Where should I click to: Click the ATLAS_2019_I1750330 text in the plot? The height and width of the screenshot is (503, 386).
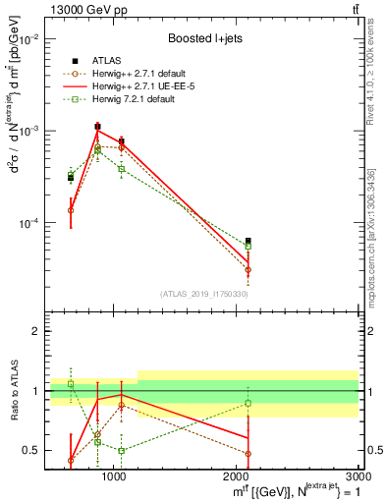204,294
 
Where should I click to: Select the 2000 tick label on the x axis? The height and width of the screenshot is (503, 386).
237,476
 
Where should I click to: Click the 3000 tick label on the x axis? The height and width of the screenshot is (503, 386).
357,476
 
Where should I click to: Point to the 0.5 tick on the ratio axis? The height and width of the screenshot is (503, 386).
36,450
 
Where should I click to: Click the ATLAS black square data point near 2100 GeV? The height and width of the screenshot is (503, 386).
248,241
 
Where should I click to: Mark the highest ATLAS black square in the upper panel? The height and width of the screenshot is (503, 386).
97,126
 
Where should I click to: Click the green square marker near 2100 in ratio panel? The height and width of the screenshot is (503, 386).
248,403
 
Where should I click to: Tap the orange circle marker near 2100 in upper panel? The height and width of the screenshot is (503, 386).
248,269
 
